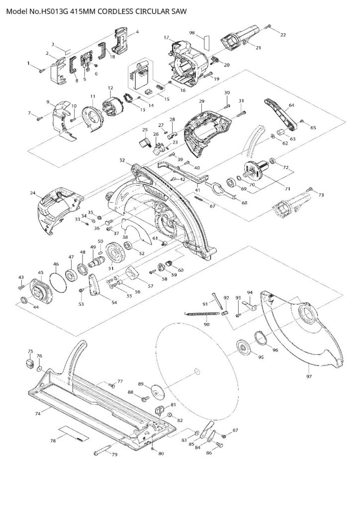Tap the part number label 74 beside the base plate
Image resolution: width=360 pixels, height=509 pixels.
point(38,412)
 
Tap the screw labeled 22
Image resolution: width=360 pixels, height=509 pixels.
point(269,25)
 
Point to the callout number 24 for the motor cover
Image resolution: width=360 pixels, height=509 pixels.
point(33,193)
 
